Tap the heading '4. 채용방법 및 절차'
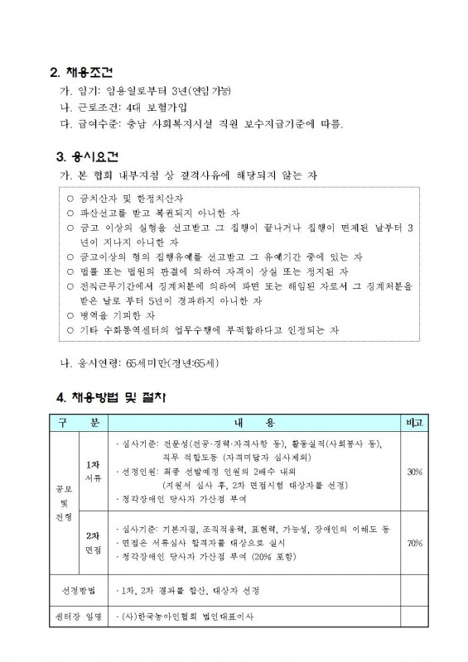pyautogui.click(x=111, y=398)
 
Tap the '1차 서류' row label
pyautogui.click(x=94, y=471)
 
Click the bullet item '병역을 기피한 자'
pyautogui.click(x=115, y=314)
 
